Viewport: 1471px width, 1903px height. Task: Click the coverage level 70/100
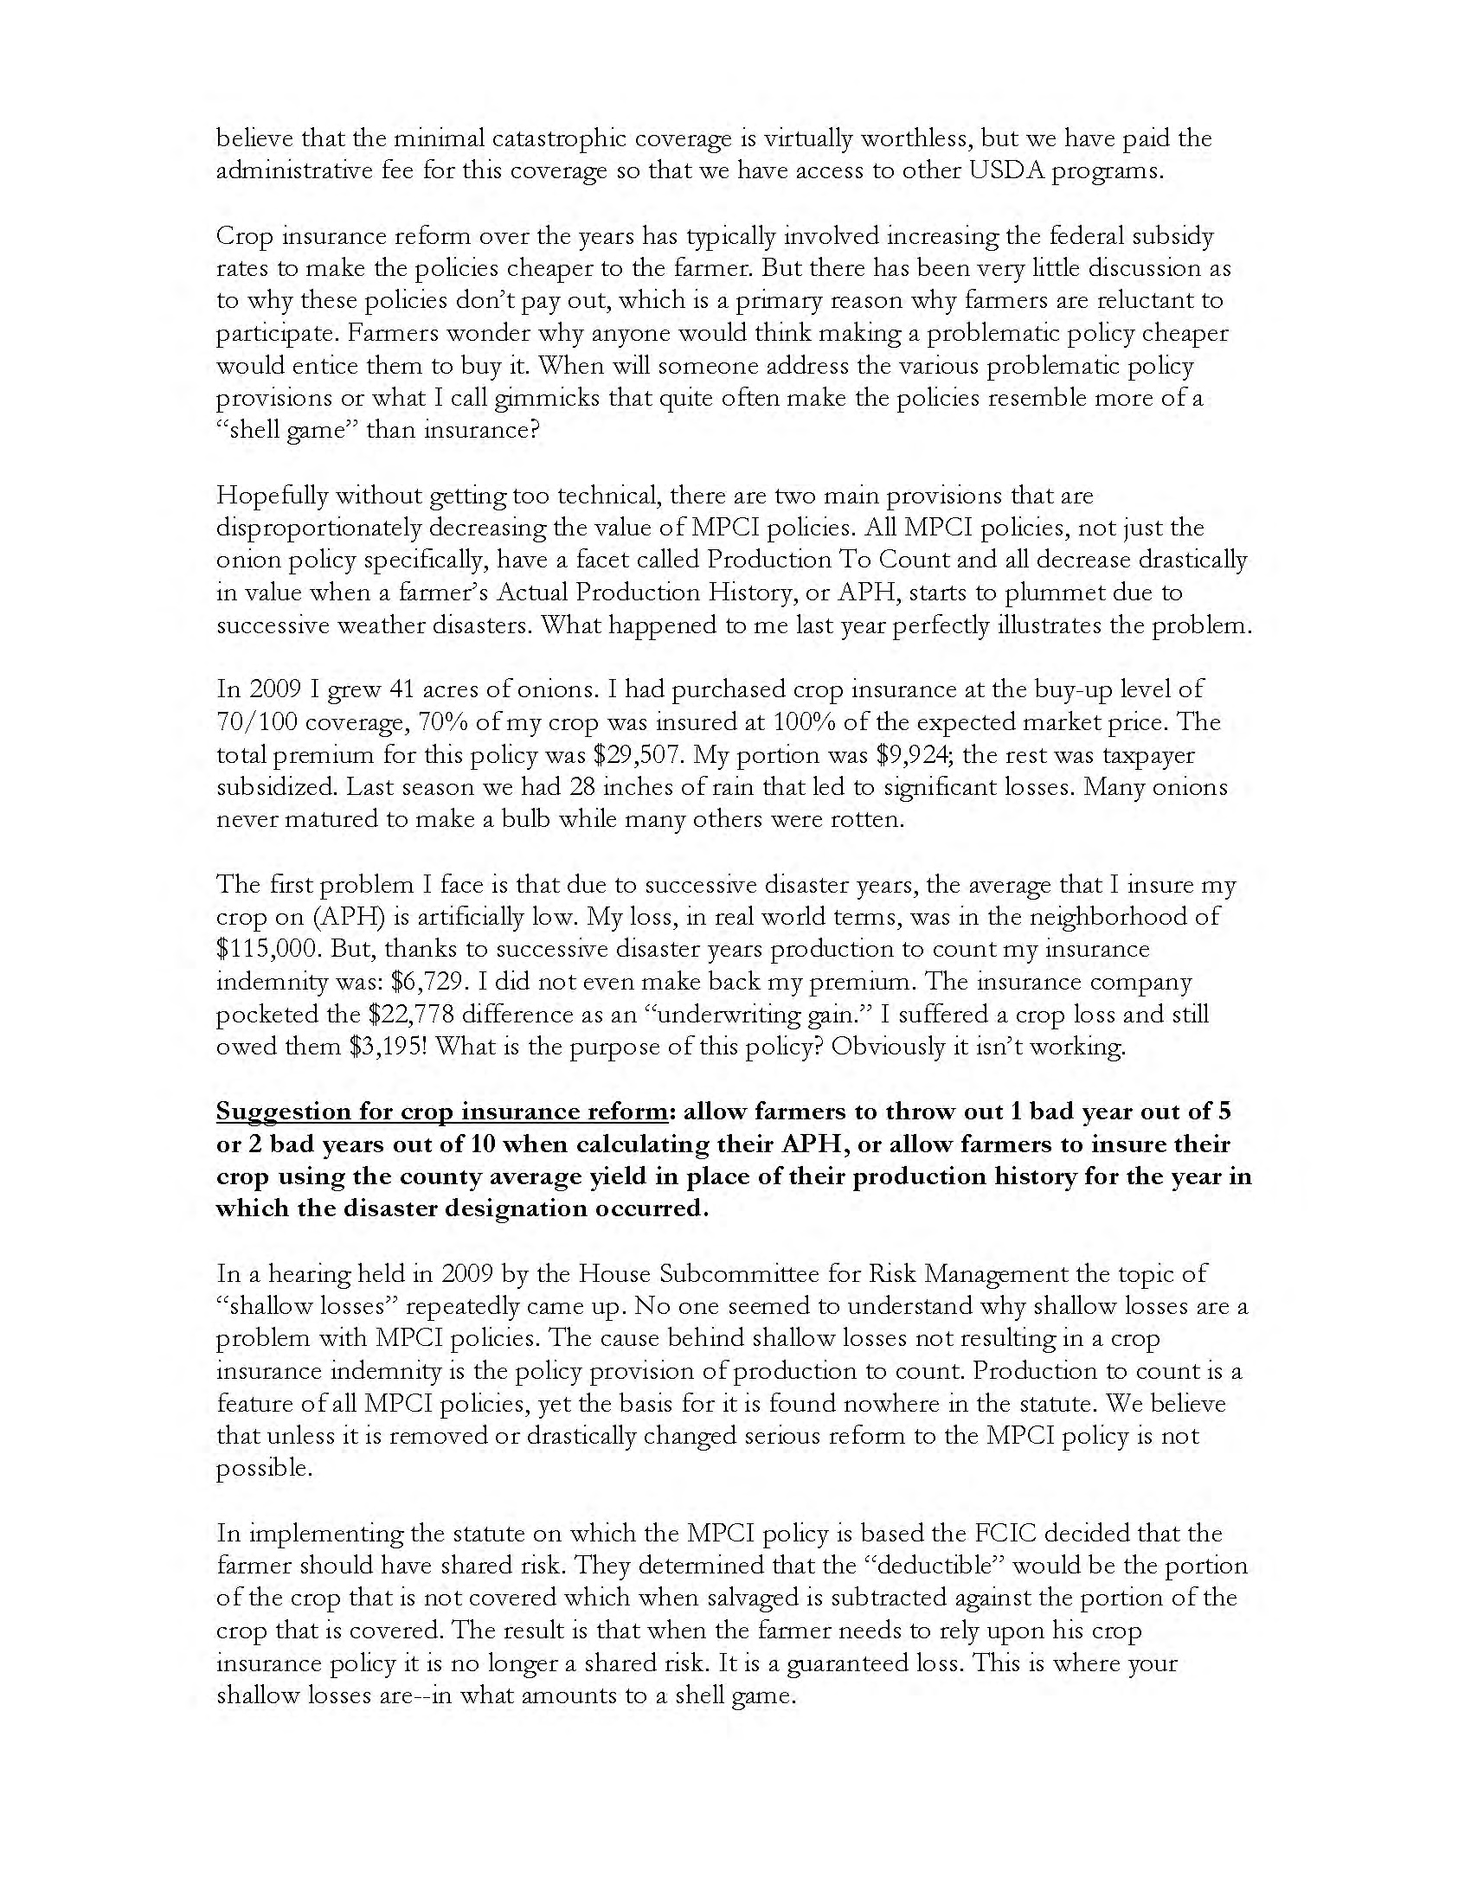tap(260, 722)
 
